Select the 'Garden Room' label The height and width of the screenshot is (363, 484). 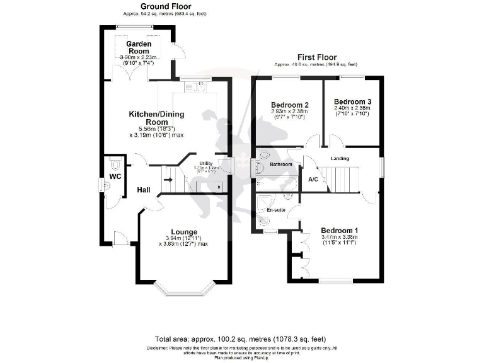pyautogui.click(x=138, y=47)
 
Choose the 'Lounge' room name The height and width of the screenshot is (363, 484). pyautogui.click(x=183, y=231)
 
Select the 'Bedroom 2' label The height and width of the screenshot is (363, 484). pyautogui.click(x=289, y=105)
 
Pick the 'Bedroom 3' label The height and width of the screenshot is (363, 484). pyautogui.click(x=352, y=101)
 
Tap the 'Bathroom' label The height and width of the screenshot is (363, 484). pyautogui.click(x=281, y=164)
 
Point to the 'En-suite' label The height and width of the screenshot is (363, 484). pyautogui.click(x=275, y=209)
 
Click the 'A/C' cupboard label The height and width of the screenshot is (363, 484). pyautogui.click(x=313, y=180)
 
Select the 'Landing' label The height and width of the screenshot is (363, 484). pyautogui.click(x=340, y=158)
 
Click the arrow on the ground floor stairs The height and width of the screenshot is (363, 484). pyautogui.click(x=168, y=179)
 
